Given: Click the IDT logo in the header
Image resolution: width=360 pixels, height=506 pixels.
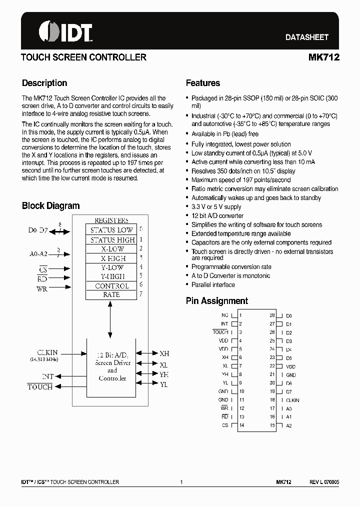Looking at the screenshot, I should tap(65, 32).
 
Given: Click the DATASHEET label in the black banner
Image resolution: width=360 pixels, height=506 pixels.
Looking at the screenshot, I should tap(306, 37).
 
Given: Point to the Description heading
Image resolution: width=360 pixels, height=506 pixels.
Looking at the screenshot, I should tap(44, 83).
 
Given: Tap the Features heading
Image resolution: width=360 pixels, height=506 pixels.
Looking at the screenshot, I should tap(202, 83).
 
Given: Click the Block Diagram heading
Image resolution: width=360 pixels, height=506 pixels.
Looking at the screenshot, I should tap(50, 205).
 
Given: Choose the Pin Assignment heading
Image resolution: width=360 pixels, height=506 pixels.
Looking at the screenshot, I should tap(216, 301).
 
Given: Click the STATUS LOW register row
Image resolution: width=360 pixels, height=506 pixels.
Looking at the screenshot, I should tap(111, 230).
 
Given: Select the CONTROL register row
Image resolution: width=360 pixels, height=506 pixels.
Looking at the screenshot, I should tap(111, 286).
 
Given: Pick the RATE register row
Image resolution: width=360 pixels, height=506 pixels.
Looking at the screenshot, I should tap(111, 294).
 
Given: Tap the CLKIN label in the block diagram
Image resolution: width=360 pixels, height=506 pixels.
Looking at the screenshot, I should tap(47, 352).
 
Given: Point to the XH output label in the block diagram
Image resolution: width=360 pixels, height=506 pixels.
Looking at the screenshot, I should tap(164, 353).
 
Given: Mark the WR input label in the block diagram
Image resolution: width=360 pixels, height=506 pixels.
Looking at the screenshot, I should tap(41, 288).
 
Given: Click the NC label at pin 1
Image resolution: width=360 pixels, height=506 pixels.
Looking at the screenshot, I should tap(224, 315).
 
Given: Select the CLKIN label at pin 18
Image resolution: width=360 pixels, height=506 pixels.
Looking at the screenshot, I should tap(292, 400).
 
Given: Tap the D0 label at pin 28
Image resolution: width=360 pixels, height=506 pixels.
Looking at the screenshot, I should tap(288, 316).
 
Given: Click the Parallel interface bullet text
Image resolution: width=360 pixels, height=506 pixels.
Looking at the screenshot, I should tap(213, 285).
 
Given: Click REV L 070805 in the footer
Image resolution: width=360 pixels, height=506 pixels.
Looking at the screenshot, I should tap(324, 482).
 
